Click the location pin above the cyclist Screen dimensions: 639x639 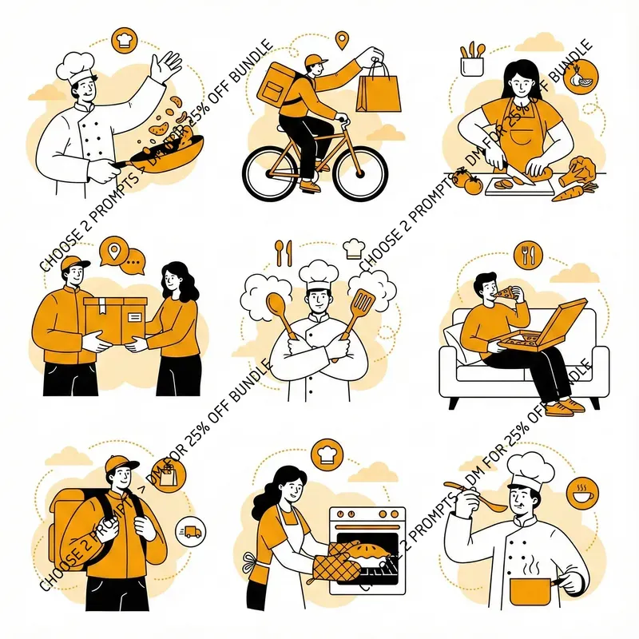pyautogui.click(x=343, y=40)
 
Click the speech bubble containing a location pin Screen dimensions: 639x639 pyautogui.click(x=113, y=253)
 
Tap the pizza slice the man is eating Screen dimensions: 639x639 pyautogui.click(x=505, y=294)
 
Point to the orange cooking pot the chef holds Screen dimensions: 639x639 pyautogui.click(x=531, y=591)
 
